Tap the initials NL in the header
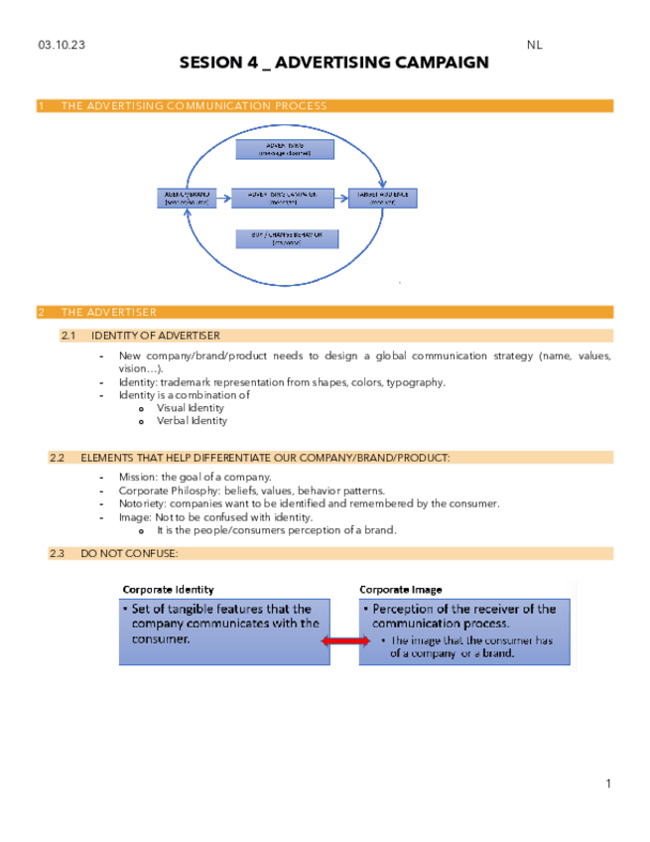click(535, 45)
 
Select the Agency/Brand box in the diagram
click(187, 197)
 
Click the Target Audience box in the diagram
click(382, 197)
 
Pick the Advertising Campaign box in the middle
click(284, 197)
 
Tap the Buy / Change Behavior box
click(284, 239)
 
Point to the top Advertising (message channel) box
click(284, 150)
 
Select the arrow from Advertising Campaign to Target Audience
click(342, 197)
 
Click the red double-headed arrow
click(344, 643)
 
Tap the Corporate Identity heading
click(168, 589)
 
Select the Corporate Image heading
click(401, 589)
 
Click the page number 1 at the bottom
click(608, 784)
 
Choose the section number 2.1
click(68, 336)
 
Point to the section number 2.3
click(57, 553)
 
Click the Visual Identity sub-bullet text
click(191, 408)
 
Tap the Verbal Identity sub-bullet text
click(192, 421)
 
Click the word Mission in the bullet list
click(137, 478)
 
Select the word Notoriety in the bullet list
click(142, 503)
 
